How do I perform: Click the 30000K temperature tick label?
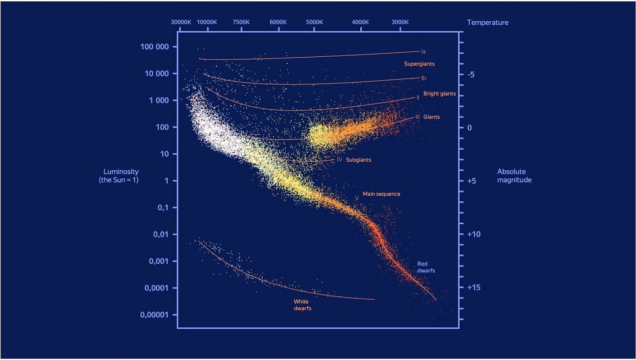click(x=181, y=22)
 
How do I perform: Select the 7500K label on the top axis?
click(x=241, y=22)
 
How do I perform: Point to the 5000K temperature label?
click(x=314, y=22)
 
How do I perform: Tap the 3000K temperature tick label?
click(x=400, y=22)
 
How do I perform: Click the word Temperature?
click(x=488, y=23)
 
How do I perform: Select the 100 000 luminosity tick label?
click(x=154, y=47)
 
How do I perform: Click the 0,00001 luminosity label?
click(x=154, y=315)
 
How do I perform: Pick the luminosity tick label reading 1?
click(x=167, y=181)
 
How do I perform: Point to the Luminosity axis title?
click(x=119, y=176)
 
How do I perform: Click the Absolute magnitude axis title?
click(x=514, y=176)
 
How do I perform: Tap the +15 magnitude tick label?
click(x=474, y=288)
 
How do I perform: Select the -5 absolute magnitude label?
click(x=471, y=74)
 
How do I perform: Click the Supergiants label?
click(x=419, y=64)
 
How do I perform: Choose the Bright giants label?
click(x=440, y=94)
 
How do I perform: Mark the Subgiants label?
click(x=358, y=160)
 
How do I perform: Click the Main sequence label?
click(x=381, y=194)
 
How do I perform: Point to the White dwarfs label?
click(x=303, y=305)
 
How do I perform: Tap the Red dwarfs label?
click(x=426, y=267)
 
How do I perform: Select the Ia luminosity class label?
click(x=423, y=51)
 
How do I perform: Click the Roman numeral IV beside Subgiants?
click(x=340, y=159)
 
